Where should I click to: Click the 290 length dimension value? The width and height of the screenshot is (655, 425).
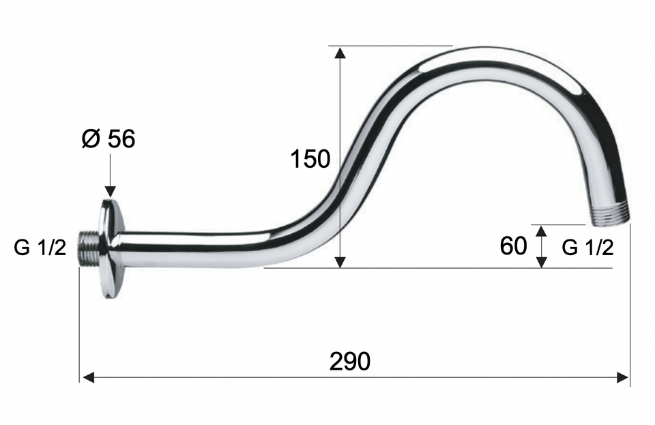pyautogui.click(x=349, y=361)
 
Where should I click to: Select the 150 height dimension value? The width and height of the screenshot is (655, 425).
pyautogui.click(x=310, y=159)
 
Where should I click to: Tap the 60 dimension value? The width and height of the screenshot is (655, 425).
pyautogui.click(x=513, y=246)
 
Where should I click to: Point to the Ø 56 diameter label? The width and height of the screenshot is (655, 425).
pyautogui.click(x=108, y=138)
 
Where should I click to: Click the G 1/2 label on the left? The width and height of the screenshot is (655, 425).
pyautogui.click(x=40, y=248)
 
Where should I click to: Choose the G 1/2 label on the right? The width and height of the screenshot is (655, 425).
pyautogui.click(x=587, y=248)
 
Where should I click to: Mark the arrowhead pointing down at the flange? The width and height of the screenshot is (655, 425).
pyautogui.click(x=111, y=191)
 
